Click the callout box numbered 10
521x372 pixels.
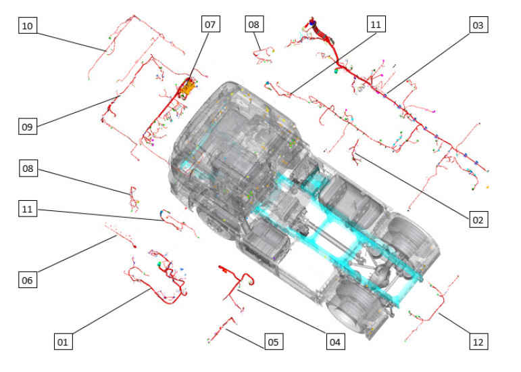(27, 26)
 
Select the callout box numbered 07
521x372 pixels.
(211, 24)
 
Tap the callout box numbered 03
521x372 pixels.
(478, 25)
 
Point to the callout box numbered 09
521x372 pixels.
(28, 126)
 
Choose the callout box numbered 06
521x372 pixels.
(28, 280)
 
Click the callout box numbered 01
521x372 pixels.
(63, 342)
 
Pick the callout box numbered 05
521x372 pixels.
(274, 342)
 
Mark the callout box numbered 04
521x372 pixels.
(335, 342)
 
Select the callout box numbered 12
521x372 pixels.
(478, 342)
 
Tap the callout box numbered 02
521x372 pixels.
(478, 219)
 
